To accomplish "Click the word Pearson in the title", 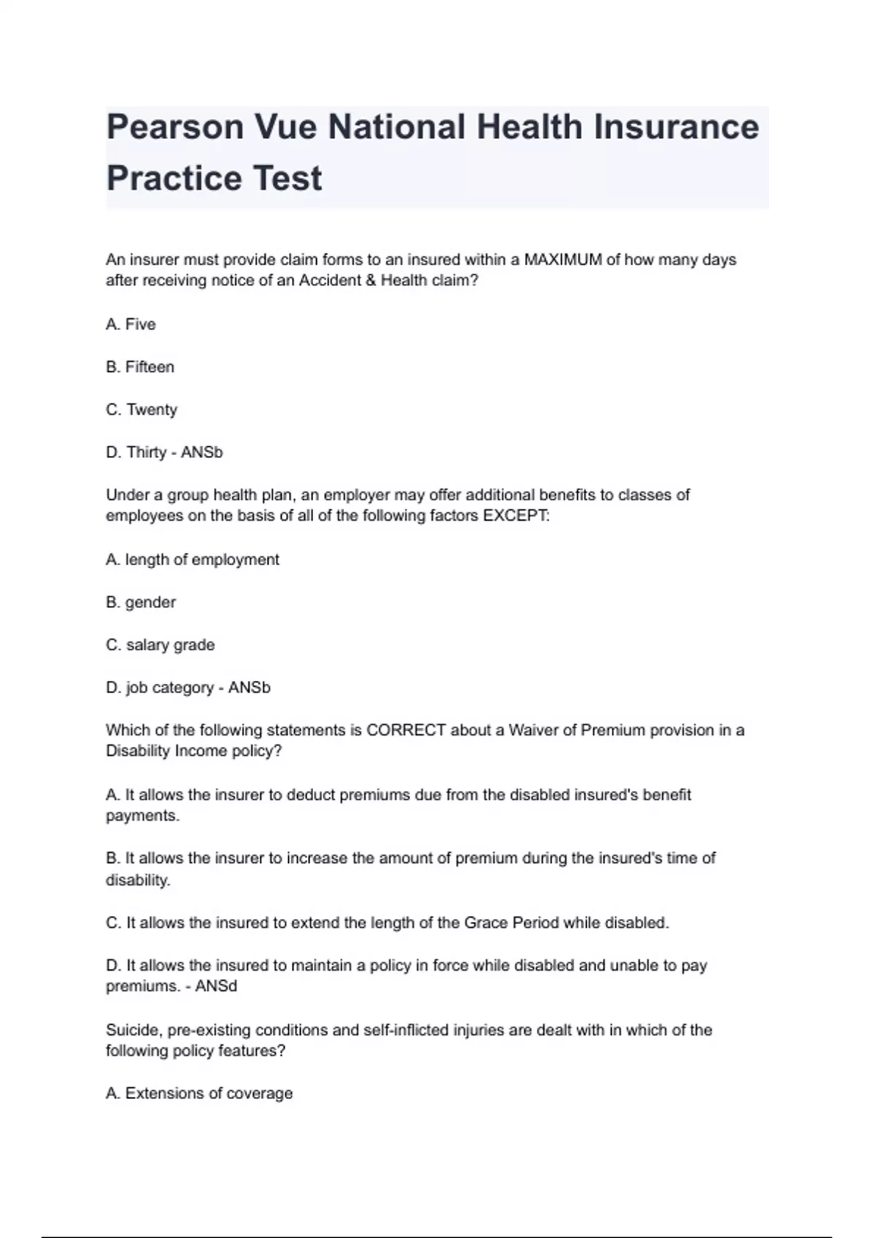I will coord(175,127).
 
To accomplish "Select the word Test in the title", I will coord(287,178).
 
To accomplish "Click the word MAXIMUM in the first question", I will coord(562,260).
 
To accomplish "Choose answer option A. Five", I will coord(131,324).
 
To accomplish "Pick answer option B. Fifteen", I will coord(140,367).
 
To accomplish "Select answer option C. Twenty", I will coord(141,409).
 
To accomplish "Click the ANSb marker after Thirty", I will coord(202,452).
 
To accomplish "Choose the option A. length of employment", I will coord(192,559).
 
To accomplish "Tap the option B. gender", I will coord(141,602).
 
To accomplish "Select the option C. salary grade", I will coord(160,644).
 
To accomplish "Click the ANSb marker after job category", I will coord(249,687).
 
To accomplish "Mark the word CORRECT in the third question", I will coord(406,730).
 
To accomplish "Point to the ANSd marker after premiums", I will coord(216,986).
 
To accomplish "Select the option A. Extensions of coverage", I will coord(199,1093).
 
